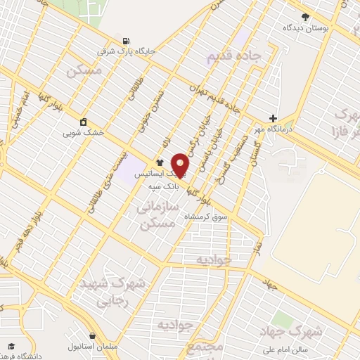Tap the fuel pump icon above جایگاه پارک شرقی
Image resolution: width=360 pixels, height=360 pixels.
126,40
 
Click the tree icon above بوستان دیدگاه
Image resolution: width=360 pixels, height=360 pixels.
304,17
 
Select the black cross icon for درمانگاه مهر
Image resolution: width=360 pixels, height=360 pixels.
274,118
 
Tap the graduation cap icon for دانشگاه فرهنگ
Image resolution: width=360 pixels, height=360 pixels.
12,345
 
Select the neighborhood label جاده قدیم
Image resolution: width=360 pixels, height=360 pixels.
236,57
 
